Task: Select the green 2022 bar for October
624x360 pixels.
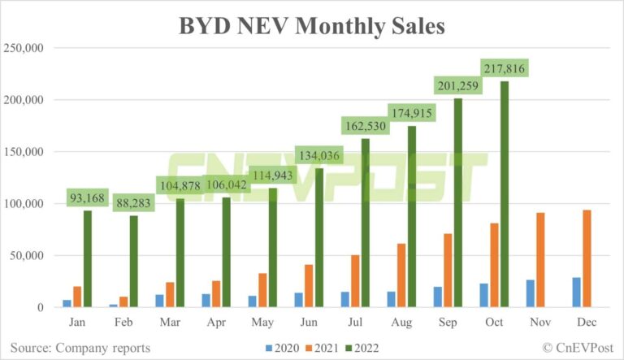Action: (505, 194)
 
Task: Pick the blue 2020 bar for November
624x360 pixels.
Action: (531, 293)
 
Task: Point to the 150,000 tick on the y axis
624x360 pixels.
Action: (24, 152)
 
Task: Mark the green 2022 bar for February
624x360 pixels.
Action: (133, 261)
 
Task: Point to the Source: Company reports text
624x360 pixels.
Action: (80, 348)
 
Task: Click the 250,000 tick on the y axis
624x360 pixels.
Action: (24, 48)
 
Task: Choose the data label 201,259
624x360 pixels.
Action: (458, 85)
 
